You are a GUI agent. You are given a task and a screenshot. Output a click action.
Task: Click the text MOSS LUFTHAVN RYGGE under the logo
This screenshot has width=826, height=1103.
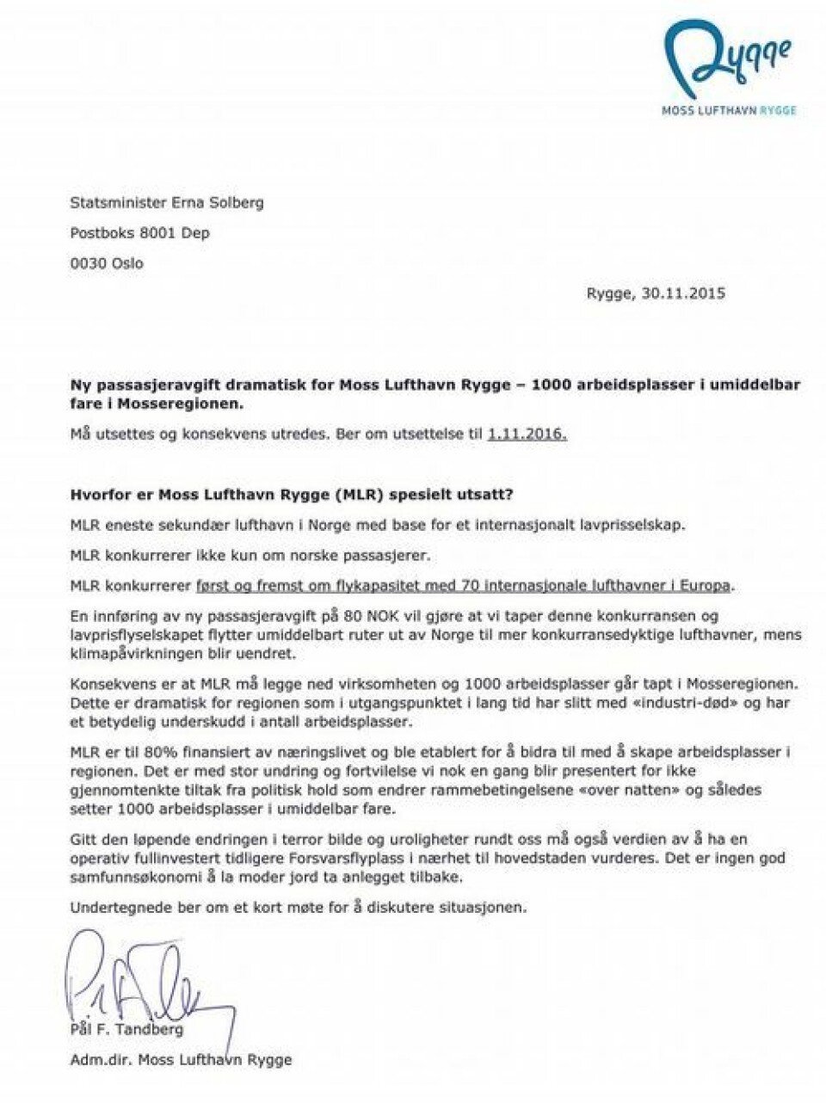(x=728, y=110)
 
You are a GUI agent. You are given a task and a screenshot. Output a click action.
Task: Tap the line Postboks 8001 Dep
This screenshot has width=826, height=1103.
(x=139, y=233)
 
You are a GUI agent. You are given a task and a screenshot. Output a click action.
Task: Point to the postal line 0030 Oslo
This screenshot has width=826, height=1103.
(x=107, y=263)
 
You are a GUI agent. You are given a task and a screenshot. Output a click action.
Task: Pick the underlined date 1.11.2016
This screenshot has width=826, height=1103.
(x=527, y=434)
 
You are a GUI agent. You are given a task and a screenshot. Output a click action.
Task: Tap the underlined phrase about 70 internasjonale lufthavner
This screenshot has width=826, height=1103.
(x=465, y=586)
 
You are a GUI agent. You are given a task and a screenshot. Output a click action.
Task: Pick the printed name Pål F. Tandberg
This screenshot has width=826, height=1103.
(x=126, y=1030)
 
